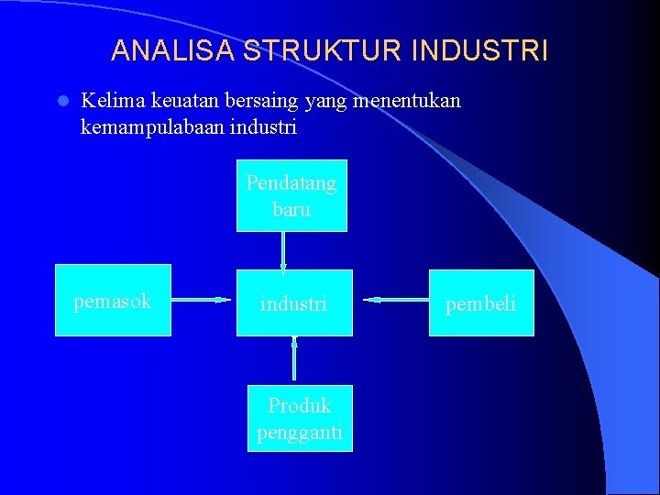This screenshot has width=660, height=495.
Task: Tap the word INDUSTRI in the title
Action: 480,50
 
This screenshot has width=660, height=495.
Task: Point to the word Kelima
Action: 109,100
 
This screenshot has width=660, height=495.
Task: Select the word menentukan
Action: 407,100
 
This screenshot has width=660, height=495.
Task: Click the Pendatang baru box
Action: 291,196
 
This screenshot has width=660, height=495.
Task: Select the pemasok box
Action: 113,300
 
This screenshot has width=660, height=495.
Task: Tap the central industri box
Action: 294,302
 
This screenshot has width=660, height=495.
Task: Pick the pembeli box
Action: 481,302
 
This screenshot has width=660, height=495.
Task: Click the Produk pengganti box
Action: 300,419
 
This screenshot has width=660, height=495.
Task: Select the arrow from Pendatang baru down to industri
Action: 283,250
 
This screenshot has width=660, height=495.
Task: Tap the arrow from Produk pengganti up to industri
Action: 294,358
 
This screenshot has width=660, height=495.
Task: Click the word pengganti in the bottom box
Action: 300,432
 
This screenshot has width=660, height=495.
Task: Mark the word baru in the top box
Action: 291,209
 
